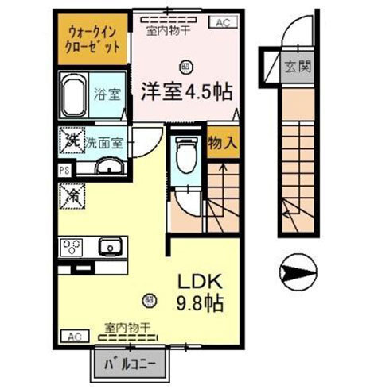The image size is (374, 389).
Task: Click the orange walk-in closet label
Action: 94,39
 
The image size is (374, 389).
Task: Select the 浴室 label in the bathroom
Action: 109,94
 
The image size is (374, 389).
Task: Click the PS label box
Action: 64,169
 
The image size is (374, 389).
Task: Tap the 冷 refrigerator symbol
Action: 72,192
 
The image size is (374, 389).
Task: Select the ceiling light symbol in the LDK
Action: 148,299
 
